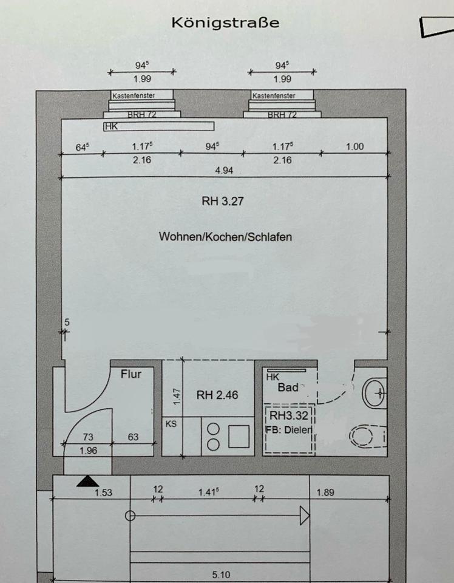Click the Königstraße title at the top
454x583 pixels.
[225, 23]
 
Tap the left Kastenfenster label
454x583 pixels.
[134, 95]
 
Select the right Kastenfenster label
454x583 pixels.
[274, 95]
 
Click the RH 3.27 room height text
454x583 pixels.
[223, 201]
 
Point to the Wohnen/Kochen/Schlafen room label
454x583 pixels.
[225, 237]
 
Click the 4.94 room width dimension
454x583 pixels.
[224, 170]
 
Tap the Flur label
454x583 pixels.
[131, 373]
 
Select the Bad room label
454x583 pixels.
[288, 387]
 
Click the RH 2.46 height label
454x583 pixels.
[217, 395]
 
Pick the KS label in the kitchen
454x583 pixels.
[171, 424]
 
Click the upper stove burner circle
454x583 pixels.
[213, 429]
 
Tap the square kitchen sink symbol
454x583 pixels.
[239, 437]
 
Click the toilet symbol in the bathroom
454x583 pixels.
[367, 436]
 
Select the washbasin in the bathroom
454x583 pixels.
[374, 392]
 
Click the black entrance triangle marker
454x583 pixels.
[87, 481]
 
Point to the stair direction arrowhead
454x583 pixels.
[305, 516]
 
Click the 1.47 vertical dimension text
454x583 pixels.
[177, 397]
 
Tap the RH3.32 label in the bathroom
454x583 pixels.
[289, 415]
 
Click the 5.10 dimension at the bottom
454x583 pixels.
[221, 575]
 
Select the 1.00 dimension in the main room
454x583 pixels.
[355, 146]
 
